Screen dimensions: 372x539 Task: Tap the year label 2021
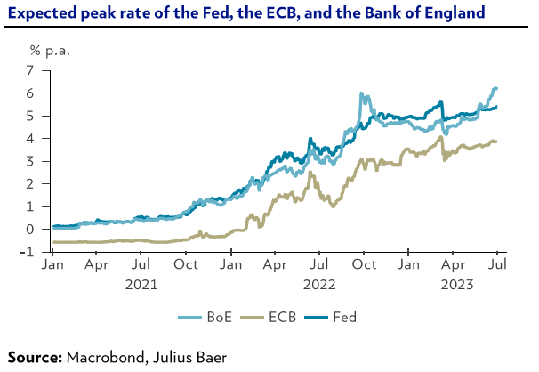coord(141,286)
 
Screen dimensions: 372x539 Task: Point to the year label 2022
coord(320,286)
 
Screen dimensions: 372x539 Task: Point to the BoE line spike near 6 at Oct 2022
coord(362,93)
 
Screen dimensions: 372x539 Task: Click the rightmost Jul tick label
coord(498,264)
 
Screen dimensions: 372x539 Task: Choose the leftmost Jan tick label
coord(52,264)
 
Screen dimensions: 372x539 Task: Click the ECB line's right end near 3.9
coord(495,141)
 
